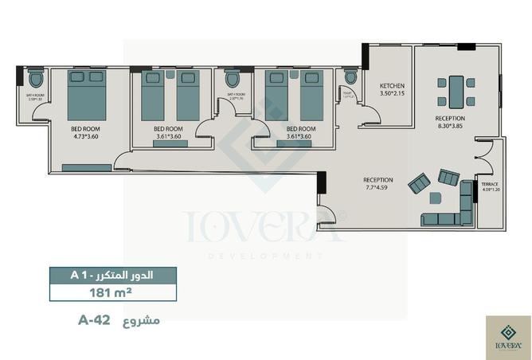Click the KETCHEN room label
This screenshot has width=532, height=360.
tap(393, 85)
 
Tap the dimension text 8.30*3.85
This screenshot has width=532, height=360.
tap(450, 127)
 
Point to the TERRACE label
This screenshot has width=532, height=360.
tap(490, 184)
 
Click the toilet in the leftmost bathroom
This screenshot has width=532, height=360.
tap(34, 80)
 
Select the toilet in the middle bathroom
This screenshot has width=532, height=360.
tap(233, 80)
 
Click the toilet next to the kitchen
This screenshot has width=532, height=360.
tap(350, 77)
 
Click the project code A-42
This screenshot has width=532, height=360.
tap(94, 321)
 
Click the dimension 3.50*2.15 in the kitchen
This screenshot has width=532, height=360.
tap(393, 93)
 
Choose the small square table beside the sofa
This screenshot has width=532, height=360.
tap(436, 197)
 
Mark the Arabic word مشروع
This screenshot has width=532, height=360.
tap(144, 321)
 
